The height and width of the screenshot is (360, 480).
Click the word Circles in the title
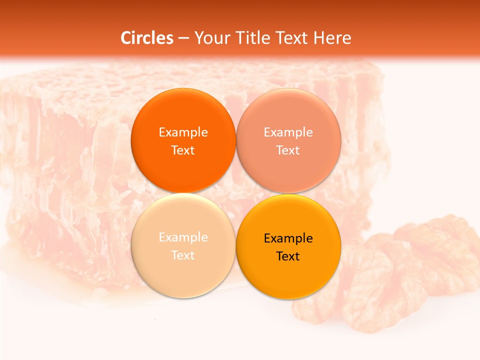(147, 38)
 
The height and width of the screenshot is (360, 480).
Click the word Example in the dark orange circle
(183, 132)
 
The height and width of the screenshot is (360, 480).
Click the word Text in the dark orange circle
(183, 150)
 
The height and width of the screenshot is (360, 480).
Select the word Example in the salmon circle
(288, 132)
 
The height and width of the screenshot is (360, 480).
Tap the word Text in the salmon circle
(288, 150)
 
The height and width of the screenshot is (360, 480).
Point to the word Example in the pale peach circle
(183, 237)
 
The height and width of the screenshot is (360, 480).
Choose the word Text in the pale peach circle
(183, 255)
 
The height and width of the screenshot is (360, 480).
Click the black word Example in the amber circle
(288, 238)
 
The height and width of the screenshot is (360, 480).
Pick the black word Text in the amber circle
(288, 256)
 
